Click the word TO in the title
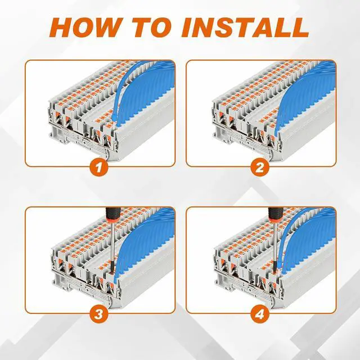point(152,28)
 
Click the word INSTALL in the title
point(245,28)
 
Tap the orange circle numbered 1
point(99,167)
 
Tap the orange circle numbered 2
point(260,167)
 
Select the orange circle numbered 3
point(99,314)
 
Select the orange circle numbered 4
point(260,314)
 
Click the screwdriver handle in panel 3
point(112,215)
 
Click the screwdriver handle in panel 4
point(275,215)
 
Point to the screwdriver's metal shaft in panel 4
point(276,241)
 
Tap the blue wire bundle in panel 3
point(147,238)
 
